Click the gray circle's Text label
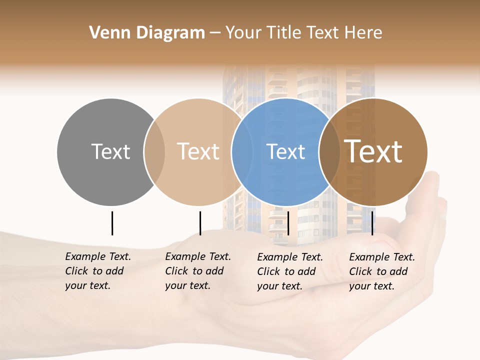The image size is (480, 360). [110, 151]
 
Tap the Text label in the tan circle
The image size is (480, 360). [198, 151]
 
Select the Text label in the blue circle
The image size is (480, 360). [285, 151]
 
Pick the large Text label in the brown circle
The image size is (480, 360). [373, 151]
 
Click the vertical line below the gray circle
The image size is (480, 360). [112, 223]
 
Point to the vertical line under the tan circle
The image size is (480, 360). [200, 223]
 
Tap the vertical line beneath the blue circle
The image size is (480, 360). [288, 223]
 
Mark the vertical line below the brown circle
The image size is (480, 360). [372, 223]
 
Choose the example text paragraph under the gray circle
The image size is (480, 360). [98, 271]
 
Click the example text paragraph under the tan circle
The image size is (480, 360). [198, 271]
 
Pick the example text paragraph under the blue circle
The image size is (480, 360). [290, 271]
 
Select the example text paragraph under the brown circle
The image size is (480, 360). [382, 271]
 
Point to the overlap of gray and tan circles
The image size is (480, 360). [154, 151]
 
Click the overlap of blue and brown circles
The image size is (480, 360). [329, 151]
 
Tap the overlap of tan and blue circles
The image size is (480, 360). [242, 151]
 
